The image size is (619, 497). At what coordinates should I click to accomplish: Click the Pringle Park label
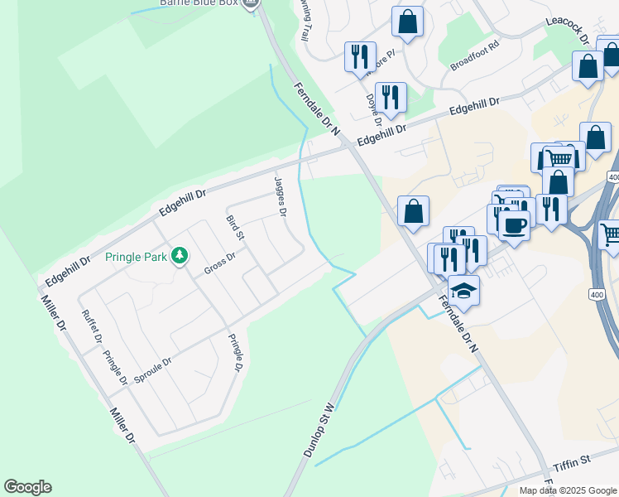[137, 256]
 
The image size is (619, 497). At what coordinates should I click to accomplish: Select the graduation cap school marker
[464, 291]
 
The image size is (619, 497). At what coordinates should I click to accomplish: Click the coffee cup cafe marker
[514, 224]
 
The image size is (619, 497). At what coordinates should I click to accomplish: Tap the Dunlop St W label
[319, 431]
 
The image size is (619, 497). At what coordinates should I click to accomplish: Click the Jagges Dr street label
[280, 195]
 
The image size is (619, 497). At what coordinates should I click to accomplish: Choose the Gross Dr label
[219, 266]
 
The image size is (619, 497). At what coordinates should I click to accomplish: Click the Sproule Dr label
[152, 371]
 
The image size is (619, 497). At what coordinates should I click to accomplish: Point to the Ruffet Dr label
[92, 326]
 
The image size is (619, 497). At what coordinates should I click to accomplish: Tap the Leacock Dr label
[567, 31]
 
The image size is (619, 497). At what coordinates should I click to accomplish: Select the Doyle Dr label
[372, 110]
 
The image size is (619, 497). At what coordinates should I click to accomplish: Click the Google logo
[27, 487]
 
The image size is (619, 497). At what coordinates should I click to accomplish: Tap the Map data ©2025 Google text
[568, 490]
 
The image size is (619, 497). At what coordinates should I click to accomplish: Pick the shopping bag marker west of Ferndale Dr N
[413, 211]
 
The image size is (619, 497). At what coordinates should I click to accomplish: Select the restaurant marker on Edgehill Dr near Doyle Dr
[391, 97]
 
